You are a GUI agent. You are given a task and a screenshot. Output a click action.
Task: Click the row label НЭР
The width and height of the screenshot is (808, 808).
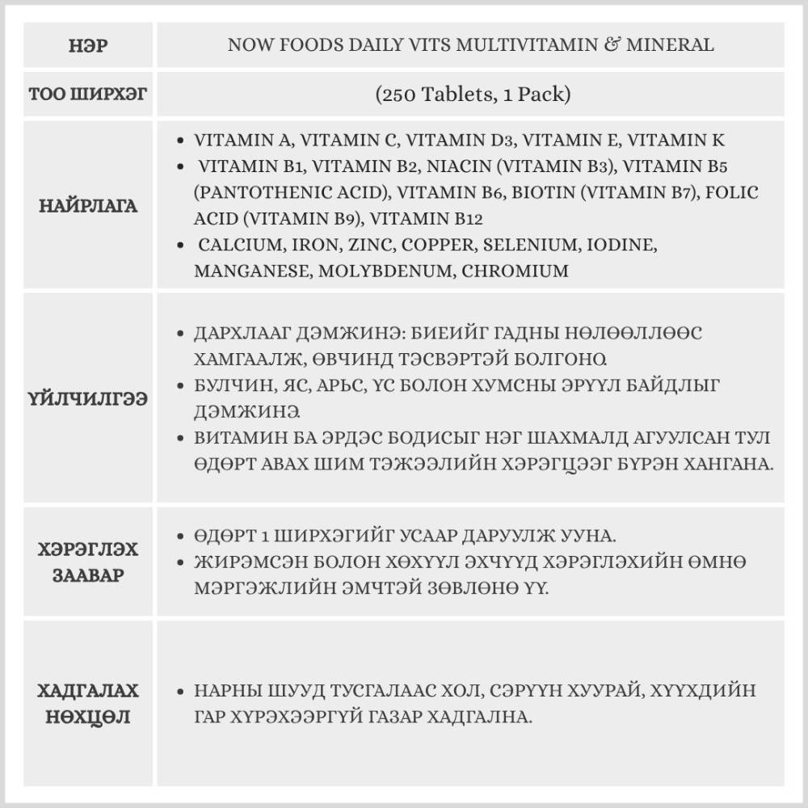point(89,45)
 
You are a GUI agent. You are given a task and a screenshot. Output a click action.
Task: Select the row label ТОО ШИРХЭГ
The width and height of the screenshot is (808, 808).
point(89,95)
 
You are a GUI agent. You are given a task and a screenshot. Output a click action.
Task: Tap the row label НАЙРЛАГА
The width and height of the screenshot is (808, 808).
point(89,206)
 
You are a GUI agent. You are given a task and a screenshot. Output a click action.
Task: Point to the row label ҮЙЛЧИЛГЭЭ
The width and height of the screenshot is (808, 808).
point(89,399)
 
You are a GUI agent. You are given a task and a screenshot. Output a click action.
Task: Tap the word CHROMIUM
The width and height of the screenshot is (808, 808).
point(516,271)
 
